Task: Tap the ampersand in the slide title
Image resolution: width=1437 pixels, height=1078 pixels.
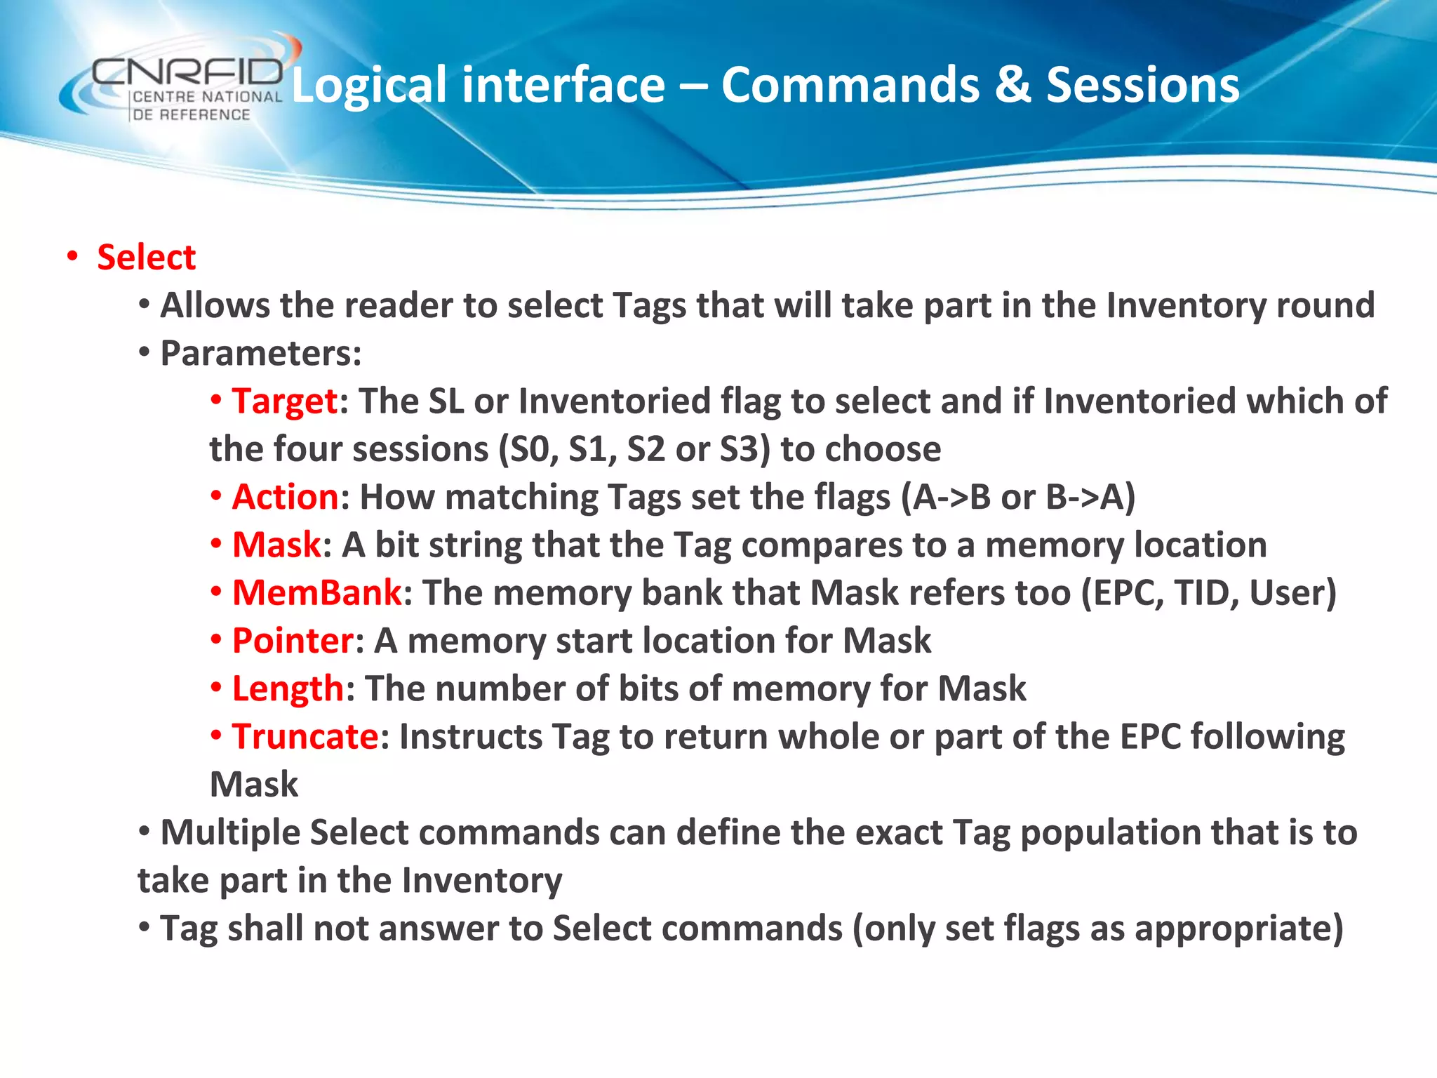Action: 1012,86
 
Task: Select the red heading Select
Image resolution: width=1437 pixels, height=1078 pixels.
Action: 146,257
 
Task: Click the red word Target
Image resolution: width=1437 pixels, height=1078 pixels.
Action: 285,401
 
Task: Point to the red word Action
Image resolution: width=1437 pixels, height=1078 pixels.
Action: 285,497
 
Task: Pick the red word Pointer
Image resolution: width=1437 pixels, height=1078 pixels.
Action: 293,641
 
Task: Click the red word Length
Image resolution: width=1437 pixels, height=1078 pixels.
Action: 288,688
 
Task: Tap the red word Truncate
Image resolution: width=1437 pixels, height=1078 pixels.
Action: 305,736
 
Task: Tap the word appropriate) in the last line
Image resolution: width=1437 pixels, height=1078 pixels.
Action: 1238,929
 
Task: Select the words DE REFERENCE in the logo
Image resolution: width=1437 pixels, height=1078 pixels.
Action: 192,114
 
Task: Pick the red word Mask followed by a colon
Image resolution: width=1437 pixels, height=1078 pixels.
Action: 276,545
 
